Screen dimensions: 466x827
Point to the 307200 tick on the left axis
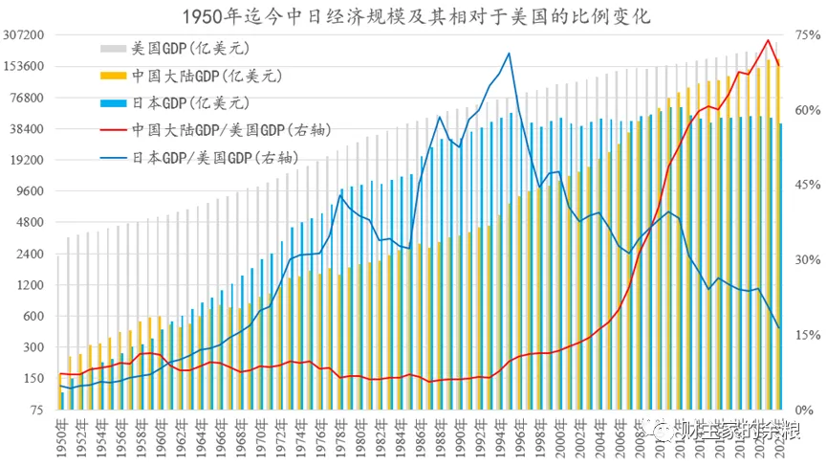point(26,35)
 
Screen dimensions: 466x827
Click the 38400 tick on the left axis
point(30,129)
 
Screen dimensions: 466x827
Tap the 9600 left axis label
point(33,191)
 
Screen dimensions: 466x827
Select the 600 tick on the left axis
point(36,316)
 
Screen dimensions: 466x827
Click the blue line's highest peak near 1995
point(509,54)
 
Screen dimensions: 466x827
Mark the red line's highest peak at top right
point(767,40)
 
